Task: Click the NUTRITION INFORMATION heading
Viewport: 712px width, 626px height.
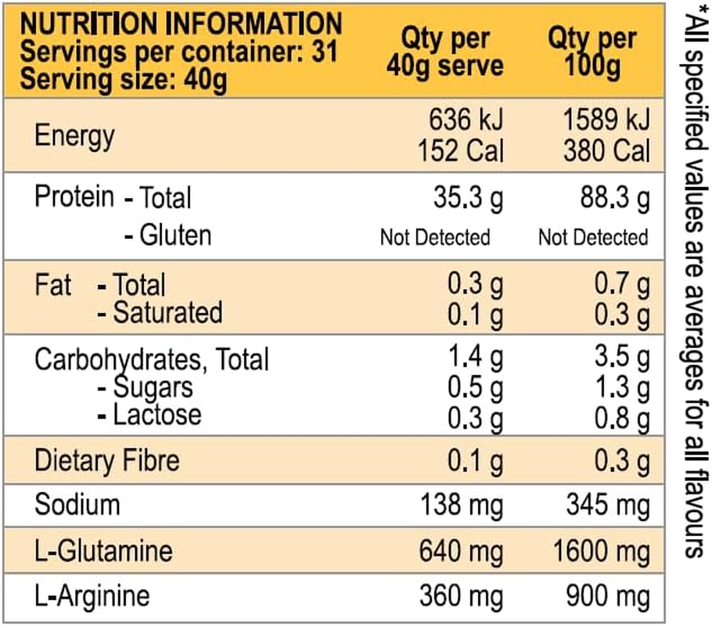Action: [181, 23]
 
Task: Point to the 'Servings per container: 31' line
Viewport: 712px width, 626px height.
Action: [178, 53]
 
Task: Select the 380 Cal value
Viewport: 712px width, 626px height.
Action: [606, 149]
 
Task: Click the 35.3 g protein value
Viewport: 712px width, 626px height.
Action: [468, 199]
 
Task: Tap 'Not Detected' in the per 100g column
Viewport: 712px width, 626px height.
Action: [593, 237]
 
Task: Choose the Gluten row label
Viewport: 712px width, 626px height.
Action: [167, 236]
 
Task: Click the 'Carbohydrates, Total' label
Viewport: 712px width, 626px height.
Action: [152, 360]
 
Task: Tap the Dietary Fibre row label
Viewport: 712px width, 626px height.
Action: [106, 460]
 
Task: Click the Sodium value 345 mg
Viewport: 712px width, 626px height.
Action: [608, 505]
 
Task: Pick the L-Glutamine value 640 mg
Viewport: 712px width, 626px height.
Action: [460, 551]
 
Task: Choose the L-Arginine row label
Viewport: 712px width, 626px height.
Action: [92, 596]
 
